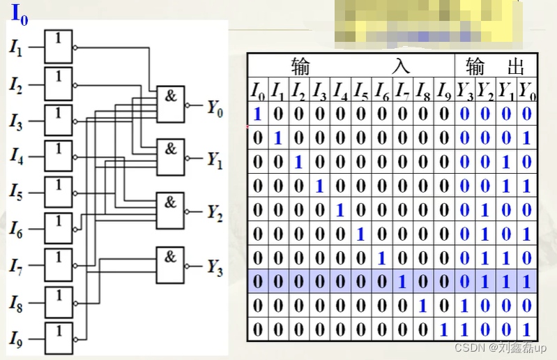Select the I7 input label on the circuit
16,267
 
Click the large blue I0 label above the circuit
20,15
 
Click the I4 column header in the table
339,90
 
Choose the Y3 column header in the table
464,90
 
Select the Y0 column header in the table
528,90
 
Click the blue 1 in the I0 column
257,114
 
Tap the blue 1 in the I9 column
443,329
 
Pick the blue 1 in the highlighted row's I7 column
402,282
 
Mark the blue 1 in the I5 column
360,234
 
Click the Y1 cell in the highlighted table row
507,282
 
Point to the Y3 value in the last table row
464,329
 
